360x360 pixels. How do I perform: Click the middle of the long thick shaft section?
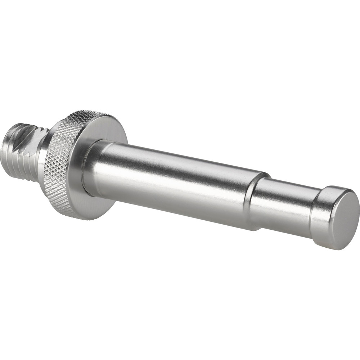pos(173,180)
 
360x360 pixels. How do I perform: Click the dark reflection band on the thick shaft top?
pos(180,155)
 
